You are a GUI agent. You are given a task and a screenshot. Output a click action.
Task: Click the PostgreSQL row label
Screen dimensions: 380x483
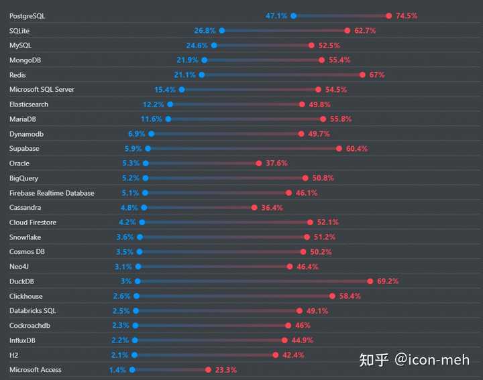coord(28,15)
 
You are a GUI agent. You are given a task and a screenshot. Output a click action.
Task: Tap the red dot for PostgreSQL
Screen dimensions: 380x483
coord(389,15)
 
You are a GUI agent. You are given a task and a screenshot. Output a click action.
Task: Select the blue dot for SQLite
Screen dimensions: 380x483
coord(222,30)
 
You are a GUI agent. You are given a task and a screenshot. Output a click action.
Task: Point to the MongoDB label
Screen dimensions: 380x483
coord(25,60)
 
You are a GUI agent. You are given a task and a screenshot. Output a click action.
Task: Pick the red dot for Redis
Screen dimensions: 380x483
coord(362,75)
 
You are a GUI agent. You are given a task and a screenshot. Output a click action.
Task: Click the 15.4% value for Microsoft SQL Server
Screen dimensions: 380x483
coord(165,90)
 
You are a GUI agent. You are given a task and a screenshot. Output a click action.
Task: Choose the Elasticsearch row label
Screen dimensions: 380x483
coord(29,105)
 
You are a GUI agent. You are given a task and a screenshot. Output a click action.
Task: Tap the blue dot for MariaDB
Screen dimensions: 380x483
coord(168,119)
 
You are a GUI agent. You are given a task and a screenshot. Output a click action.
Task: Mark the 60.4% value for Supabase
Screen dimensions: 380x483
coord(357,149)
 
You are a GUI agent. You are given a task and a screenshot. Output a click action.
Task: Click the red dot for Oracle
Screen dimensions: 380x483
coord(259,164)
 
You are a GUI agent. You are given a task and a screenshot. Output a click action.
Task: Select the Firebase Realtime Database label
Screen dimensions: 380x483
coord(52,193)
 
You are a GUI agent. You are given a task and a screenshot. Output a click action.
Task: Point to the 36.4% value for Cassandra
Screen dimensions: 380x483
coord(272,208)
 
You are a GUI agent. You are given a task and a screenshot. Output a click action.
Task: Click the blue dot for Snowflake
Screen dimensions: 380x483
coord(140,237)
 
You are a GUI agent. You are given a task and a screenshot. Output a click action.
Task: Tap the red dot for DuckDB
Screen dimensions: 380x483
coord(370,281)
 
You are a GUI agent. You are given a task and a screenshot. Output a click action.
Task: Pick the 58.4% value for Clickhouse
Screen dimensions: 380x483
coord(350,296)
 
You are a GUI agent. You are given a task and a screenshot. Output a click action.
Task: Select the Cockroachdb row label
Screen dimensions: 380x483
coord(30,326)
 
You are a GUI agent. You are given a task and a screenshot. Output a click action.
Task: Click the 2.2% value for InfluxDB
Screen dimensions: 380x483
coord(120,340)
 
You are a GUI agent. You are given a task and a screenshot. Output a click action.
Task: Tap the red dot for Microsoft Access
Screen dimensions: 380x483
coord(209,370)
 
